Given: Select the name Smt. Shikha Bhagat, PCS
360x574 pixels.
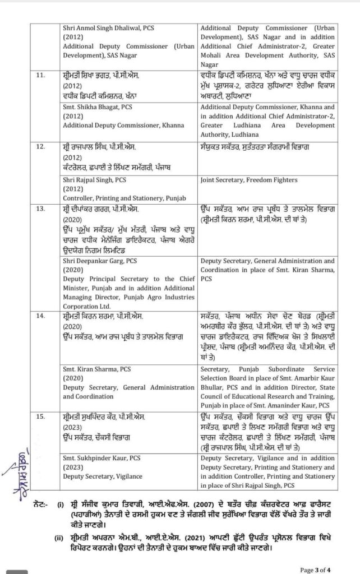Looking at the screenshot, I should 99,107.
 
